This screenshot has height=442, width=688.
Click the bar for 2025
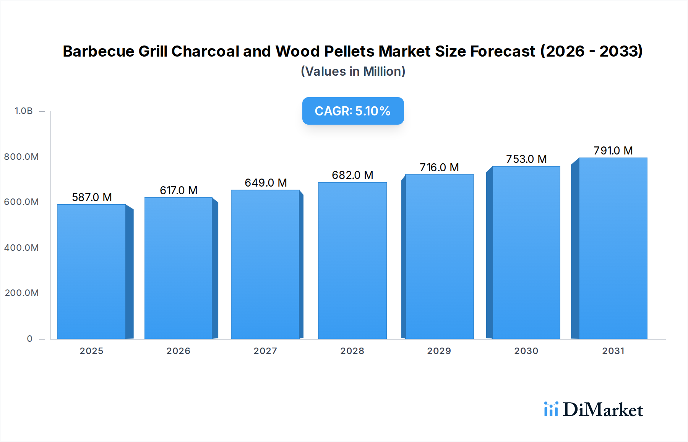(x=92, y=271)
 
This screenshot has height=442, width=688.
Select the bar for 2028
(x=352, y=260)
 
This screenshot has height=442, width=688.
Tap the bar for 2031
(x=613, y=248)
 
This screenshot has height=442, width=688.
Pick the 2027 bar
(x=265, y=264)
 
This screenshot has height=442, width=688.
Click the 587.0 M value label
(x=92, y=197)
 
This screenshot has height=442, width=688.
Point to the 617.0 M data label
(x=178, y=190)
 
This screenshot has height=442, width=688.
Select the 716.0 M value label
(x=439, y=167)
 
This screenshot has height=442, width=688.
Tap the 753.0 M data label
(x=526, y=159)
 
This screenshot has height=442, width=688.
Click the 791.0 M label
(x=613, y=151)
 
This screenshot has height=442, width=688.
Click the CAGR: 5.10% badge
(x=353, y=111)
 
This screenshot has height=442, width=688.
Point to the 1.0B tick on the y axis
(x=24, y=111)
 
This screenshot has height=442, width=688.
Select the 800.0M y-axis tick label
(x=21, y=157)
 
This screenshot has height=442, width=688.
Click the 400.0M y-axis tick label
(x=21, y=248)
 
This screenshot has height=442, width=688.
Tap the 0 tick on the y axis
(x=30, y=339)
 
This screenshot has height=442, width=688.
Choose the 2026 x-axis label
(x=178, y=351)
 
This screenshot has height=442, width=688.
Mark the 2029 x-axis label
(x=439, y=351)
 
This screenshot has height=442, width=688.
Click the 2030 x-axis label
(x=526, y=351)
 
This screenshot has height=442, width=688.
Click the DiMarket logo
(x=594, y=409)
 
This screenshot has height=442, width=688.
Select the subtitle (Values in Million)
(x=353, y=71)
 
